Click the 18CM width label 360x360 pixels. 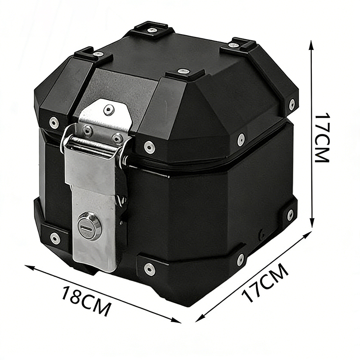87,301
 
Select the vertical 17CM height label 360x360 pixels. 323,137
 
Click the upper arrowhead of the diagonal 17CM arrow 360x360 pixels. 308,235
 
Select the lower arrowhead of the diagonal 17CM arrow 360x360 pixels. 199,318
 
